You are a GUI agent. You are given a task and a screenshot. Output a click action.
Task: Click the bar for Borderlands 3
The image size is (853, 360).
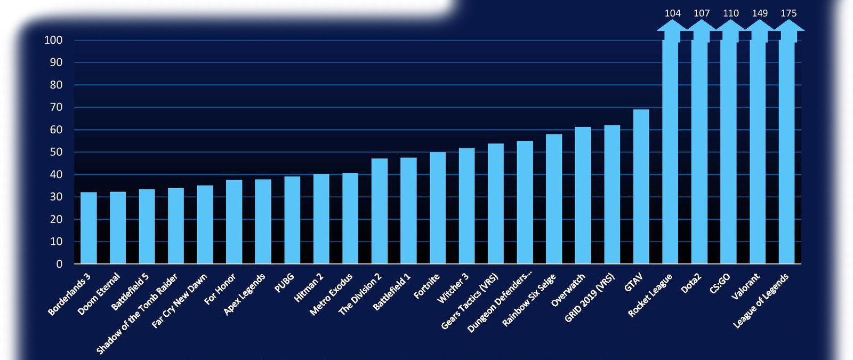(88, 228)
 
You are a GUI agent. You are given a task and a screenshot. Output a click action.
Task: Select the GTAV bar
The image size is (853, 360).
(641, 187)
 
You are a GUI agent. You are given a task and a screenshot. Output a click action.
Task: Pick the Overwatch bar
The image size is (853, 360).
(583, 195)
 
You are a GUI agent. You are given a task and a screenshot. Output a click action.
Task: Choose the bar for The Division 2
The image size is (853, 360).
(380, 211)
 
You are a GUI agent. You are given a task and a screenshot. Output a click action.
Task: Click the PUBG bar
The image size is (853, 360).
(292, 220)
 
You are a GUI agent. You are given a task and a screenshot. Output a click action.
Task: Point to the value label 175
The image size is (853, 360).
(788, 13)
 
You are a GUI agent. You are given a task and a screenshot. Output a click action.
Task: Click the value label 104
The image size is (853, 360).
(672, 13)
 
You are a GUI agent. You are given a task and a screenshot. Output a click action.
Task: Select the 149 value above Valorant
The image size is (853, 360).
(760, 13)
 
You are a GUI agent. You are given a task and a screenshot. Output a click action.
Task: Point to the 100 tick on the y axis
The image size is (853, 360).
(53, 40)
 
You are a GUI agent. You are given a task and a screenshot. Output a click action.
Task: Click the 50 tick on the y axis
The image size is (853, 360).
(56, 152)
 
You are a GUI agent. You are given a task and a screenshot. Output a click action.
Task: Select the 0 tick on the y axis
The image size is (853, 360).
(59, 264)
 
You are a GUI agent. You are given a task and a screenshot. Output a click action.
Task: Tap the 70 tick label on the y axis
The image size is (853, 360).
(56, 107)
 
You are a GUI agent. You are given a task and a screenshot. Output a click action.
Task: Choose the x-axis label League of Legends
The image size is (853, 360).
(761, 301)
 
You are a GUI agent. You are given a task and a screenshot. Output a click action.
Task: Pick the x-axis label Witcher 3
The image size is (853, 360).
(453, 288)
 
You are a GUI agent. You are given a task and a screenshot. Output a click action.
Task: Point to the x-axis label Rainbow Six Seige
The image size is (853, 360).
(529, 300)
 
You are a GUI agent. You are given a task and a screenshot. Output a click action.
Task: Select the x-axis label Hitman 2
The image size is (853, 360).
(309, 288)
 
